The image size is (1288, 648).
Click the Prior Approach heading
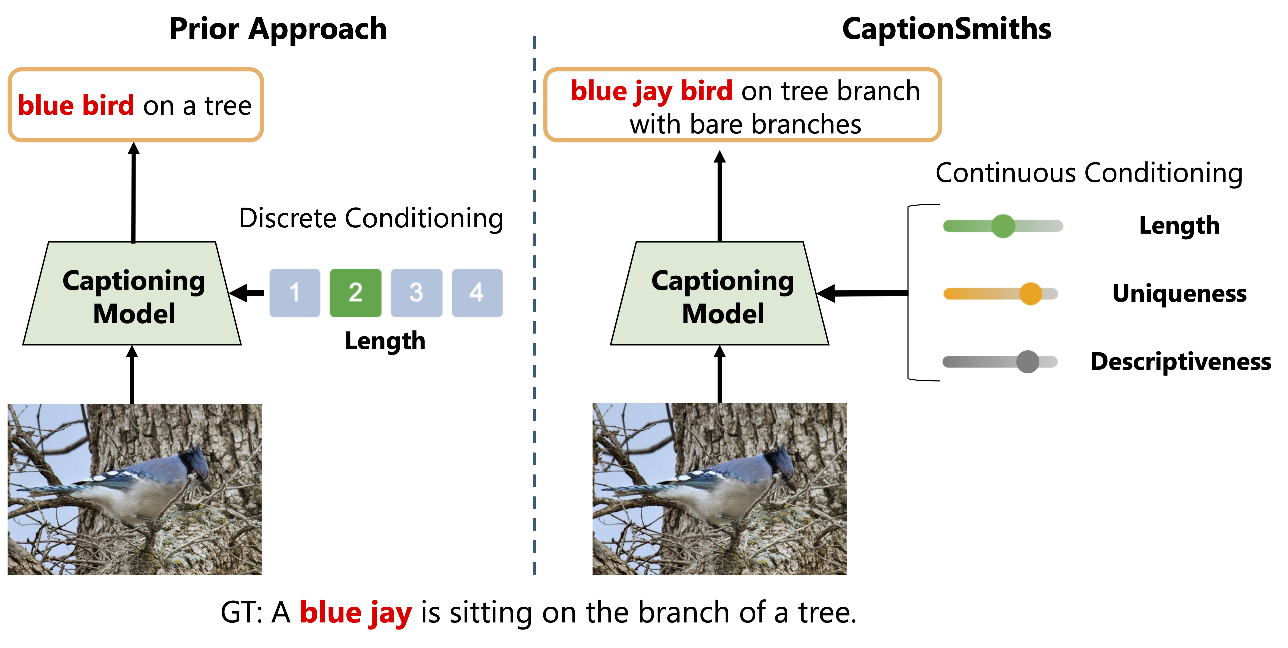(x=278, y=29)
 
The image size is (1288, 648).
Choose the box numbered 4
(x=477, y=293)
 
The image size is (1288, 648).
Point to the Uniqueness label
(x=1179, y=294)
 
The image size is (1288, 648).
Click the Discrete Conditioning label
(x=371, y=219)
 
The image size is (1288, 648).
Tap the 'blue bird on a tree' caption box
(x=135, y=105)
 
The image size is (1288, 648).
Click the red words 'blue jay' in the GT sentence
(x=355, y=612)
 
